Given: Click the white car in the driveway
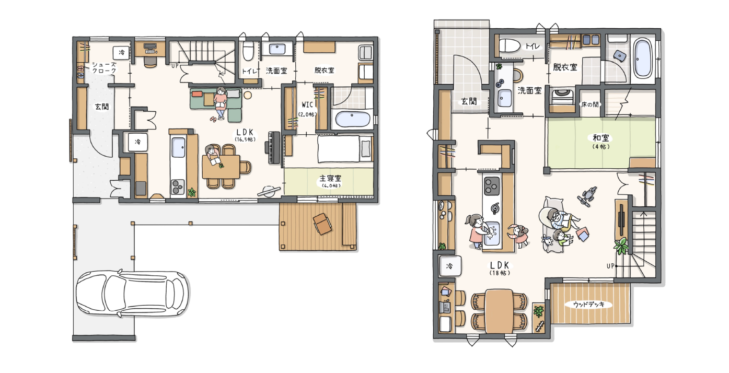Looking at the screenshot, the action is [133, 293].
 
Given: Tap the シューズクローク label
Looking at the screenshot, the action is [104, 68].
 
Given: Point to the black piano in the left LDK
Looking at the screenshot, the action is [274, 148].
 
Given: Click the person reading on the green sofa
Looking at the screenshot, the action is [221, 102].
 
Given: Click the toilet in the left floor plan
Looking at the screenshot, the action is [248, 51].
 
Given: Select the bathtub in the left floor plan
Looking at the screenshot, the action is [352, 119].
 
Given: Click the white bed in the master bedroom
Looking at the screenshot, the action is [345, 149].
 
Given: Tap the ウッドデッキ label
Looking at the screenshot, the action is [589, 305].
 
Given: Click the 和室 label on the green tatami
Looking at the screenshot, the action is [601, 138].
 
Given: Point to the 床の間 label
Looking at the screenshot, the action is [589, 104].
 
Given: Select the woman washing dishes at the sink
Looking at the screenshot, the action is [478, 231].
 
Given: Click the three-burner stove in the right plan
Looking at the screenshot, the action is [491, 186].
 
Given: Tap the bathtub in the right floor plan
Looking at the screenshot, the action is [643, 58].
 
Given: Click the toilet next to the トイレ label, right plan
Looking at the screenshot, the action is [510, 46].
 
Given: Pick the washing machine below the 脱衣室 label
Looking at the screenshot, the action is [563, 97].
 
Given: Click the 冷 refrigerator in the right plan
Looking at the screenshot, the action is [450, 266].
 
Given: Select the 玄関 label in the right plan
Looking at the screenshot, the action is [469, 101].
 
